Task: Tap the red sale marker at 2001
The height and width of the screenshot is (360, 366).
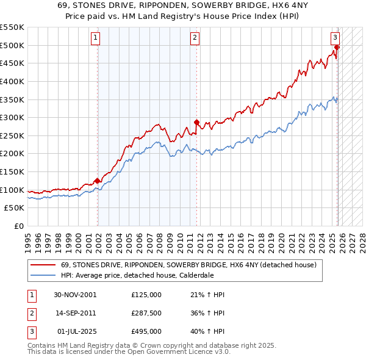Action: [97, 181]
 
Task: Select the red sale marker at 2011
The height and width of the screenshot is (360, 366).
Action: [196, 121]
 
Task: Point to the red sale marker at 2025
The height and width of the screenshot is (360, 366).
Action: [337, 46]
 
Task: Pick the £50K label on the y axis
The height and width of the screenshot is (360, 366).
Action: [15, 208]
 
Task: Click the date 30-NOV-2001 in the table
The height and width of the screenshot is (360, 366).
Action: [75, 295]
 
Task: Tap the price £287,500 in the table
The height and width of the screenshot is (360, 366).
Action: [146, 313]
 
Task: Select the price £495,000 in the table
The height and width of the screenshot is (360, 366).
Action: [146, 331]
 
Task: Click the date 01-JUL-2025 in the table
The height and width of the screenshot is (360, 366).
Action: [75, 331]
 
